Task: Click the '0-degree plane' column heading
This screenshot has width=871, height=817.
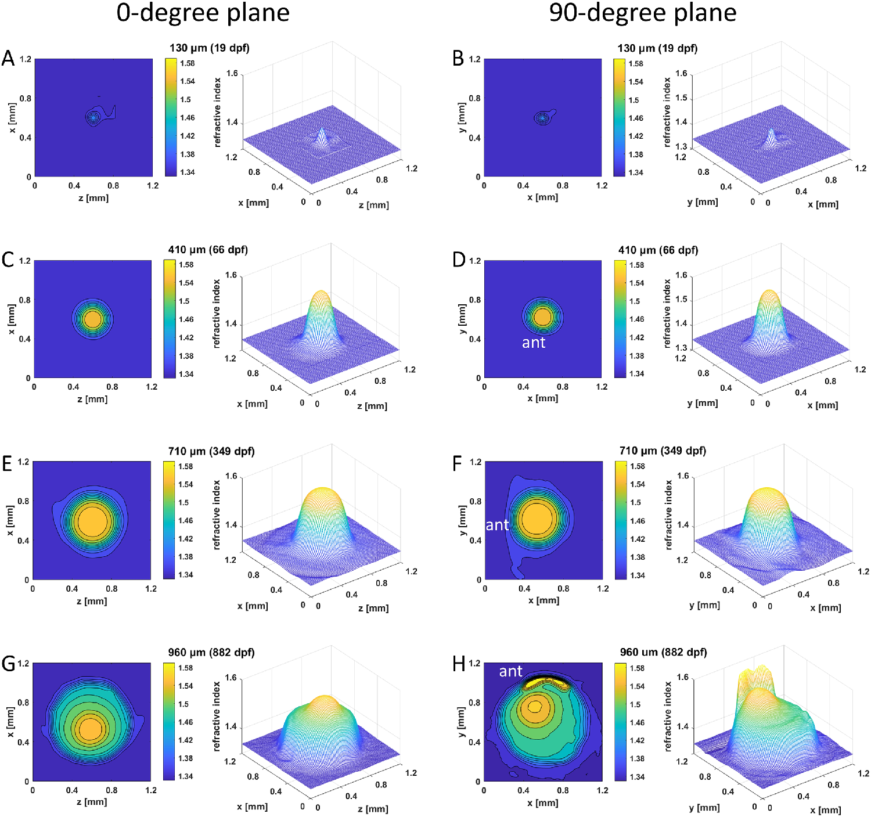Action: tap(203, 13)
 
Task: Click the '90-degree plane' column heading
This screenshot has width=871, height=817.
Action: tap(642, 13)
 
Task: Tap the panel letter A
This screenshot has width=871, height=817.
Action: tap(8, 58)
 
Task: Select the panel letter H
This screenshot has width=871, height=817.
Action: tap(459, 663)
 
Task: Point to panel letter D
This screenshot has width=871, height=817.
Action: tap(459, 260)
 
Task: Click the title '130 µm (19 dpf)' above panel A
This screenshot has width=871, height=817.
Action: tap(209, 48)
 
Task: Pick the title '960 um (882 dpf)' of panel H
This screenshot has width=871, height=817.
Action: tap(663, 652)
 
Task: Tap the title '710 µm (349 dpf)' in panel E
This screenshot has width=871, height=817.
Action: tap(211, 451)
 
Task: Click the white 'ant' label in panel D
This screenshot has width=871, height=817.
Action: tap(534, 343)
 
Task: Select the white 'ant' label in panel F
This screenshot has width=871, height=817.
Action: tap(497, 525)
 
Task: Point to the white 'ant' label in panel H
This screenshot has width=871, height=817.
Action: tap(510, 671)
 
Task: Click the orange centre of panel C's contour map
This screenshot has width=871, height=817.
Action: tap(92, 319)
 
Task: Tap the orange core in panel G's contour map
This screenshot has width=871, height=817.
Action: tap(90, 729)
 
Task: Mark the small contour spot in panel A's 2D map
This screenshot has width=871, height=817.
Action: tap(93, 117)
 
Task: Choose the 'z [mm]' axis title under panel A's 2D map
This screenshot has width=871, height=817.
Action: tap(93, 198)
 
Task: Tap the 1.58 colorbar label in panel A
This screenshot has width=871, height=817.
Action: tap(187, 63)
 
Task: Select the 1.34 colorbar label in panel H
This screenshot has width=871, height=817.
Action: tap(637, 776)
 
